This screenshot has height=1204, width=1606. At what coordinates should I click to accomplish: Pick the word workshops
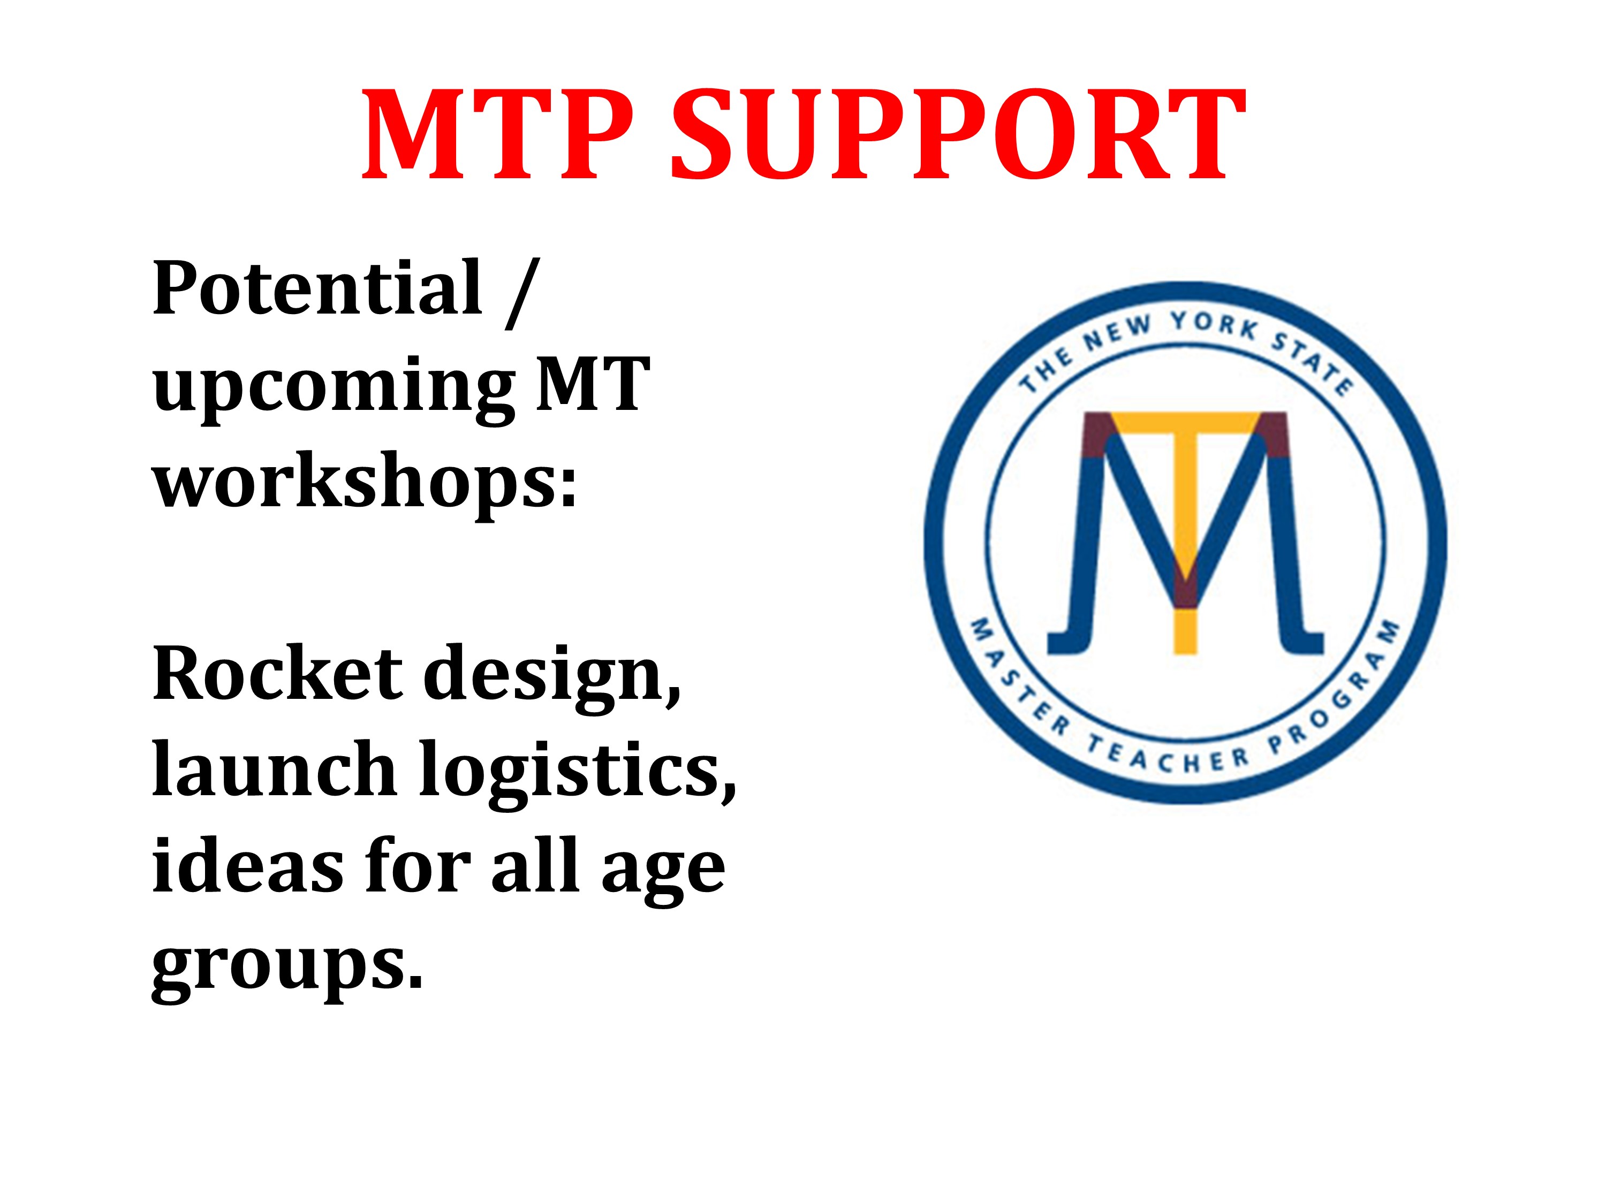365,479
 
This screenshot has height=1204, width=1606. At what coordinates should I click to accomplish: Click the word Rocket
277,674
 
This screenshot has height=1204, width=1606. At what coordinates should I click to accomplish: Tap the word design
552,679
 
